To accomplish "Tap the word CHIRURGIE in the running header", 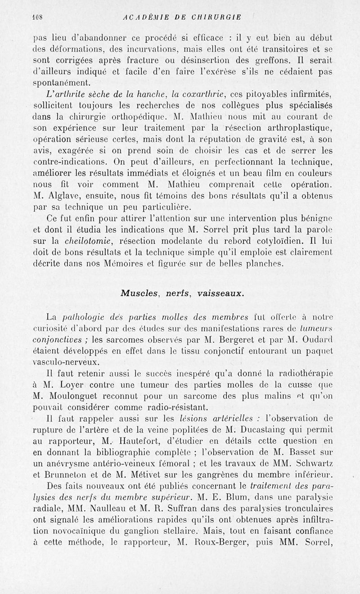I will (x=216, y=18).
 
